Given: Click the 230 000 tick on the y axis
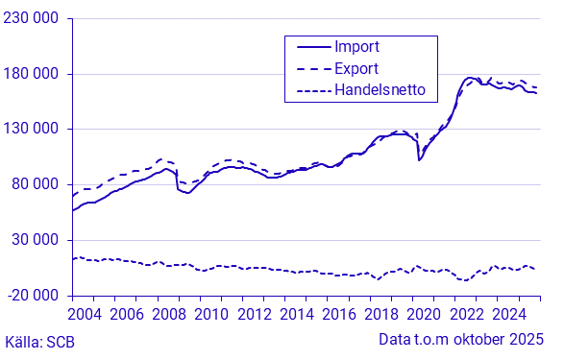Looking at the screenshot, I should click(x=32, y=19).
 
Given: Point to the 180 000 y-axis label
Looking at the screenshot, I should click(x=32, y=74).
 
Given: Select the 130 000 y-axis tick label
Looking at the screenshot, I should click(x=32, y=129).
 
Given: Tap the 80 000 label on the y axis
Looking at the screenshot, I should click(x=36, y=184).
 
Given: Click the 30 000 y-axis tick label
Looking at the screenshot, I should click(x=36, y=239).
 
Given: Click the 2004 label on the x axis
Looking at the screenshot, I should click(x=87, y=314).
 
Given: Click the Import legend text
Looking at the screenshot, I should click(x=356, y=46).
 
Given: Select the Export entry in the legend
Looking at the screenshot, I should click(x=356, y=68).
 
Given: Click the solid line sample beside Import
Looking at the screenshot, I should click(x=307, y=46).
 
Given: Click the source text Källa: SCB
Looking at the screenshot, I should click(x=39, y=341).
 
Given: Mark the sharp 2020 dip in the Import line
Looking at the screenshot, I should click(x=419, y=159).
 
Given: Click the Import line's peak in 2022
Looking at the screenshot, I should click(x=470, y=78).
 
